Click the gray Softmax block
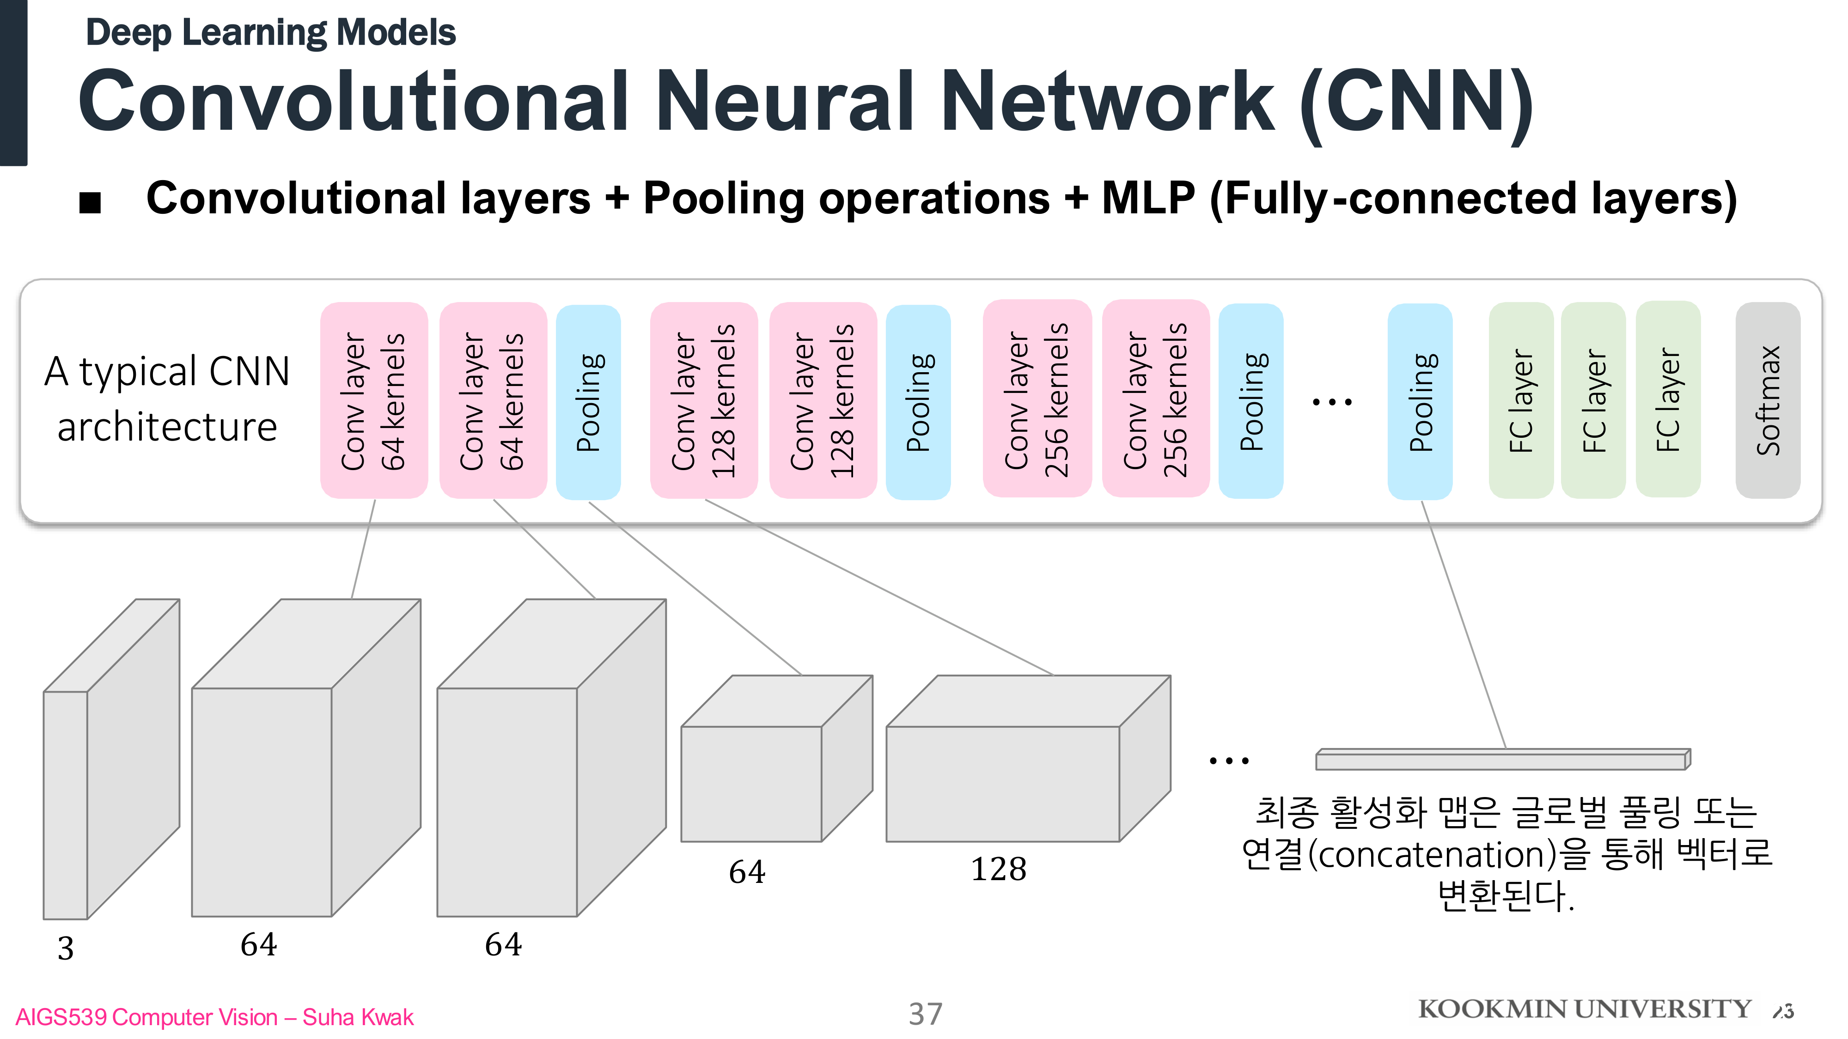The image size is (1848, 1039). pyautogui.click(x=1768, y=400)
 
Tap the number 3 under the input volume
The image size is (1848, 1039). pyautogui.click(x=65, y=948)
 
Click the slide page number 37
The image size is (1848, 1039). pyautogui.click(x=926, y=1014)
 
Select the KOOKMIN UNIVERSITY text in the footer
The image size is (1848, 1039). pyautogui.click(x=1584, y=1009)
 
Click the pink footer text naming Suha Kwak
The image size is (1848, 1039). pyautogui.click(x=214, y=1017)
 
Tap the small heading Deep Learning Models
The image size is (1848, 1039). pyautogui.click(x=270, y=33)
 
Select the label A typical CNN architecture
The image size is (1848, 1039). pyautogui.click(x=167, y=399)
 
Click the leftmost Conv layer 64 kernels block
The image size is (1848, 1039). pyautogui.click(x=374, y=400)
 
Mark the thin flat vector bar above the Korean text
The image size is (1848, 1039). pyautogui.click(x=1502, y=759)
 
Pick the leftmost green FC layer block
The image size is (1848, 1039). pyautogui.click(x=1521, y=400)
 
